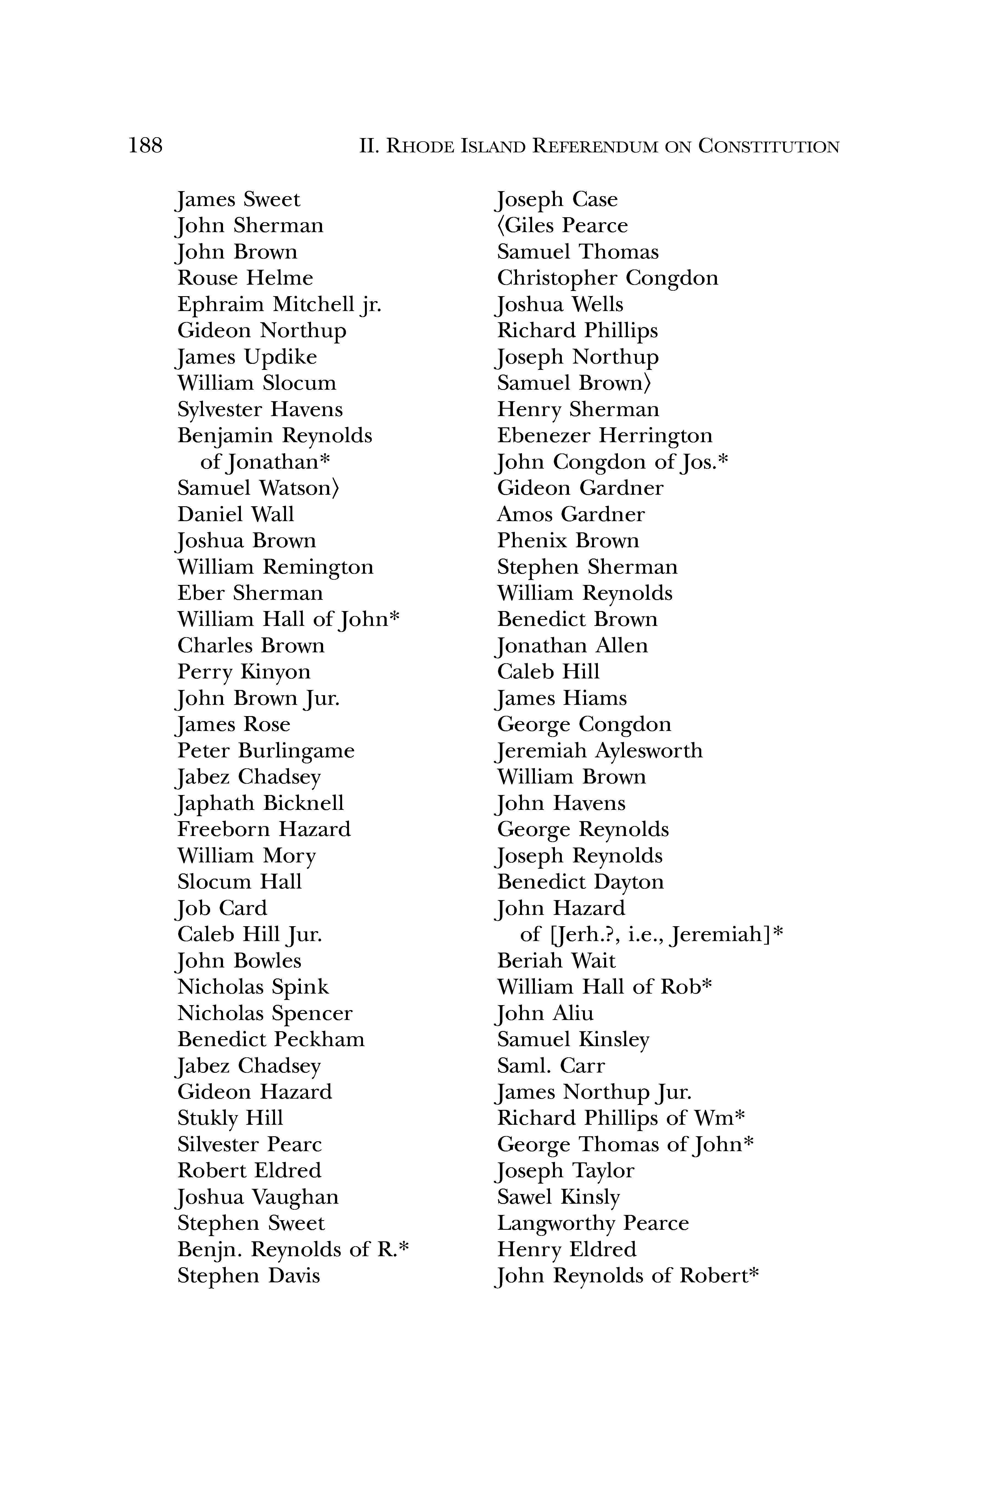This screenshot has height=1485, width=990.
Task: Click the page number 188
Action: coord(145,146)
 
